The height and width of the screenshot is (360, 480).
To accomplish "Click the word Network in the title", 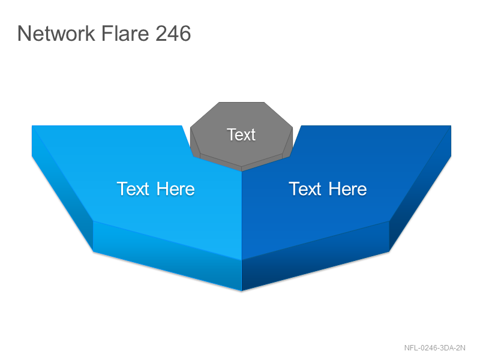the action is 56,33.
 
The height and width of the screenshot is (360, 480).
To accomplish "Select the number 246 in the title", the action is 173,33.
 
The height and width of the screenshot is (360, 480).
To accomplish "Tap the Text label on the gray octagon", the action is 241,134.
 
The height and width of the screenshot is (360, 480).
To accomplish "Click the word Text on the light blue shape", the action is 133,188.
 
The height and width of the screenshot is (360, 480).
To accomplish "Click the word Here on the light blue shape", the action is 176,188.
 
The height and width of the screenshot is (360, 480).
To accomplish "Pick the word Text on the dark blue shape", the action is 305,188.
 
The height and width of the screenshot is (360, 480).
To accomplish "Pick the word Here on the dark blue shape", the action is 348,188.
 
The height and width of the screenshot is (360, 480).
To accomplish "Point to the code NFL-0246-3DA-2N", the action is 434,348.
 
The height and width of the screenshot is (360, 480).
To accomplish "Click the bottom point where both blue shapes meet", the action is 242,290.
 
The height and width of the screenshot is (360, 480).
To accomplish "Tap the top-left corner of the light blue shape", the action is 32,125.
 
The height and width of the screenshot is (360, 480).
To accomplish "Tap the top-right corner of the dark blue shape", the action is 451,125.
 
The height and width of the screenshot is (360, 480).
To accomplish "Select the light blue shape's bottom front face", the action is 167,256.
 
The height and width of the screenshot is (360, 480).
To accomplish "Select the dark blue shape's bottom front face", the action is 316,256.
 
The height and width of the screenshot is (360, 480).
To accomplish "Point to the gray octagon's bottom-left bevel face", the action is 220,160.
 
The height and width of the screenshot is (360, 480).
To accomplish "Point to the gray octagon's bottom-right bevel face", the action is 262,160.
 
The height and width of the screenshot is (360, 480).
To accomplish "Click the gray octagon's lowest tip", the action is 242,171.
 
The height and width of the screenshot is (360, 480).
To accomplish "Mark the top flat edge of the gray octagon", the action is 242,102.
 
